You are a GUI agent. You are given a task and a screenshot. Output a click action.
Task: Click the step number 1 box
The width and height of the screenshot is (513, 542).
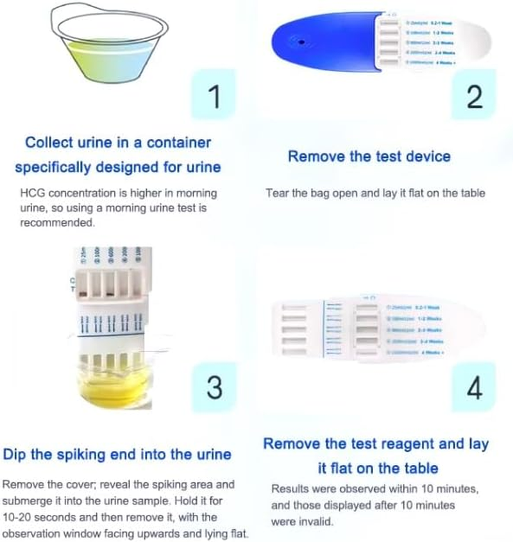215,96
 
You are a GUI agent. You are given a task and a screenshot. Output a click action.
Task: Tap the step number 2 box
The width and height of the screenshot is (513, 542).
473,96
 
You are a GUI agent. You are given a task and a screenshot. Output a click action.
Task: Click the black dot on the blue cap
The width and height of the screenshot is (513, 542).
300,42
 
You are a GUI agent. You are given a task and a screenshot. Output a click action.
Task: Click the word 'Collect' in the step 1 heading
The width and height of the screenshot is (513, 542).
51,142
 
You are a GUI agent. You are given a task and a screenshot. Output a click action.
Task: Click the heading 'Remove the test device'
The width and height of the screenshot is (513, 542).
369,157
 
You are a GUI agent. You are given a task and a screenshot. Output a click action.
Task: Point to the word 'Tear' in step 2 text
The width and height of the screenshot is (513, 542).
276,193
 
